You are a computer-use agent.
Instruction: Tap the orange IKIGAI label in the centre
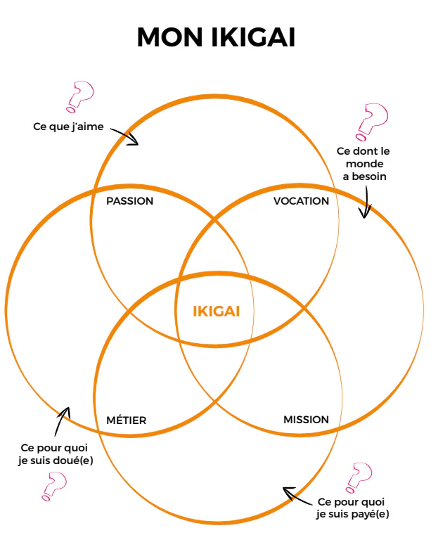point(217,311)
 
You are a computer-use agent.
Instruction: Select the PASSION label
point(129,201)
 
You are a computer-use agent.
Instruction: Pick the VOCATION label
point(301,201)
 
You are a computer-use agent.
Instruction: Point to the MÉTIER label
point(127,420)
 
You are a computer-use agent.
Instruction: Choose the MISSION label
point(306,420)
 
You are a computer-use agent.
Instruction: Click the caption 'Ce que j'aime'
point(68,127)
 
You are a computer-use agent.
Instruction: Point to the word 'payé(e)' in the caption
point(371,514)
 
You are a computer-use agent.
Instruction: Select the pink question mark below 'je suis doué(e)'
point(53,485)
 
